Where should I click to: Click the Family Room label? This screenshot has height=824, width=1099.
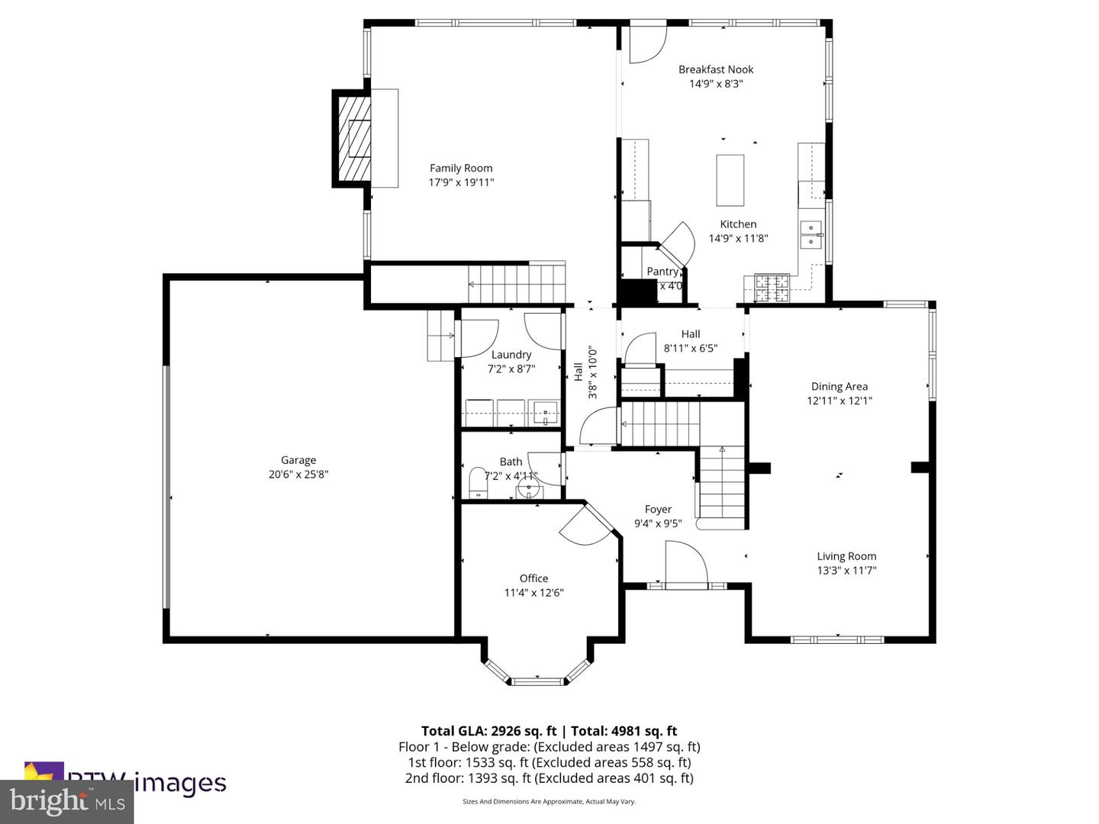point(461,168)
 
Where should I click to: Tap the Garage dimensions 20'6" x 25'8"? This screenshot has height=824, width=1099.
point(298,475)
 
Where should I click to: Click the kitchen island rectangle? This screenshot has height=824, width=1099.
point(730,180)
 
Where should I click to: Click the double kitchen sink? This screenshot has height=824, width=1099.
point(811,234)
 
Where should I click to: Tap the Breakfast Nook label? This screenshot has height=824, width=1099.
point(716,69)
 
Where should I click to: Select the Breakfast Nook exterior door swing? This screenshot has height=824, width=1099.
point(646,45)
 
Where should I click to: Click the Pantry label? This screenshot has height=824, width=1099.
point(662,272)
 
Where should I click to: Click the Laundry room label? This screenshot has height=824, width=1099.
point(511,355)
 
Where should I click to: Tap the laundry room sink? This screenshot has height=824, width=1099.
point(546,413)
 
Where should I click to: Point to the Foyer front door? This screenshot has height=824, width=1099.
point(685,565)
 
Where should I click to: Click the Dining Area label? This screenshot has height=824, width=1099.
point(839,387)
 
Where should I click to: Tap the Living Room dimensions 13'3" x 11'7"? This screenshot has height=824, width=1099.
point(846,571)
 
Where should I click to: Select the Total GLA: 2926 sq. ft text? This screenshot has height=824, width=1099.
point(488,731)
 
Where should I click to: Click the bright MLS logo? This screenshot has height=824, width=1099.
point(67,801)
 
